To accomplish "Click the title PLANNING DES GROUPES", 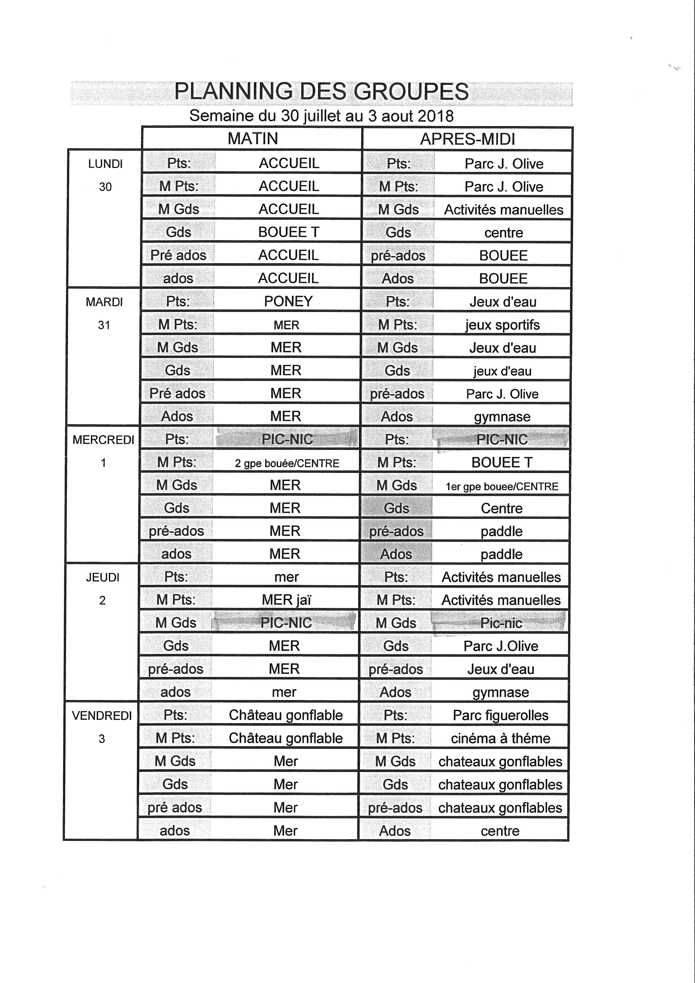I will point(321,92).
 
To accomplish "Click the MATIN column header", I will point(253,139).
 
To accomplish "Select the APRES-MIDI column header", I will point(467,139).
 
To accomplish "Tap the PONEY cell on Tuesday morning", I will point(288,301).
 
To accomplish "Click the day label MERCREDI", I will point(103,440).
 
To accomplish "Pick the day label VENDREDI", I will point(102,716).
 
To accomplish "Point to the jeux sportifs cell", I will point(502,325).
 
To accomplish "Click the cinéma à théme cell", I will point(500,739).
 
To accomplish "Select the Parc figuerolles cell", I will point(500,716).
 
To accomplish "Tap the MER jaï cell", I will point(286,600).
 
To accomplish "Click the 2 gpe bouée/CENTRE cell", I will point(287,463).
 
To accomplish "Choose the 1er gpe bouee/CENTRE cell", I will point(502,486).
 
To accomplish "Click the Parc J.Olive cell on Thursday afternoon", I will point(501,646).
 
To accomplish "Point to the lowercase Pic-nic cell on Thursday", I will point(501,624).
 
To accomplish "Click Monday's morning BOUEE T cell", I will point(288,232).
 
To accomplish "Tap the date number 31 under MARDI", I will point(104,325).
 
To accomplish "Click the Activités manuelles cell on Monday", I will point(504,210).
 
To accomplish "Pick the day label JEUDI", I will point(103,578).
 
